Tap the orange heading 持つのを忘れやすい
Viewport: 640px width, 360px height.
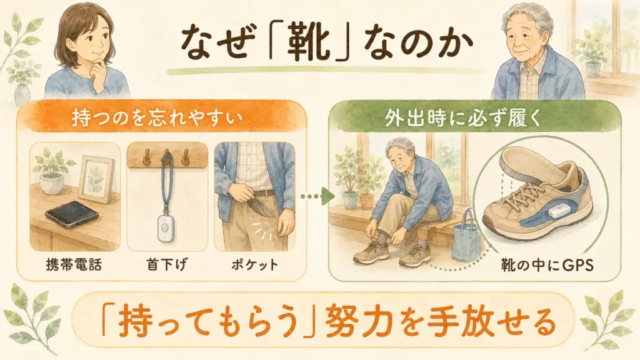pos(157,118)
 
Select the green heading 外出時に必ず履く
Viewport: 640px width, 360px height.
pos(463,118)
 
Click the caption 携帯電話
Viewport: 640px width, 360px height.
pos(74,264)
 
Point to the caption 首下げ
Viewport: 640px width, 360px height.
pos(166,264)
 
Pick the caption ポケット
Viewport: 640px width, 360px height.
pos(255,264)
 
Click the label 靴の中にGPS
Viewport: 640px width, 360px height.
pos(547,266)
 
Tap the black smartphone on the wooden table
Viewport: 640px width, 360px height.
pos(72,212)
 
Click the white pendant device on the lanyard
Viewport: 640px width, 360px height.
pos(164,229)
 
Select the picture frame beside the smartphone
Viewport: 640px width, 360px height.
pos(96,179)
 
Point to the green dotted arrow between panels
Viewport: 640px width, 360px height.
pos(317,196)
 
